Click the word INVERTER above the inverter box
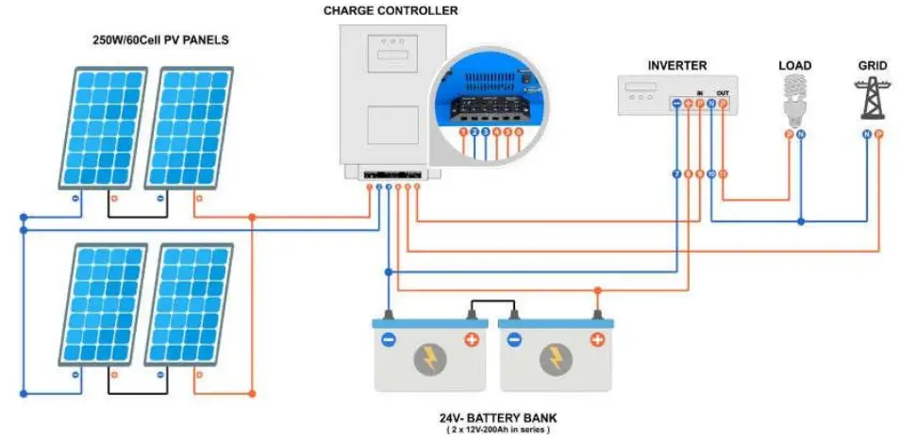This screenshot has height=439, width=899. pos(677,65)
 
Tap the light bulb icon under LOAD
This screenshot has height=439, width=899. pos(794,99)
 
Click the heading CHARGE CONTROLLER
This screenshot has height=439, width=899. pos(391,11)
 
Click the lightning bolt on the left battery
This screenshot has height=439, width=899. pos(428,358)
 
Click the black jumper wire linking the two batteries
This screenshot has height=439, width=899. pos(491,304)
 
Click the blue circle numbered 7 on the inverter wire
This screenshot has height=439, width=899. pos(675,174)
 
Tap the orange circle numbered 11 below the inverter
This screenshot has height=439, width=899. pos(723,174)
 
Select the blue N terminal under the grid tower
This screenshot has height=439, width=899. pos(865,135)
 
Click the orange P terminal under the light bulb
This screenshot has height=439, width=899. pos(789,135)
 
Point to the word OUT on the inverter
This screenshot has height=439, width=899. pos(723,92)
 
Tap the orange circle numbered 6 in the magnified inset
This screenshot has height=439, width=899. pos(518,133)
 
